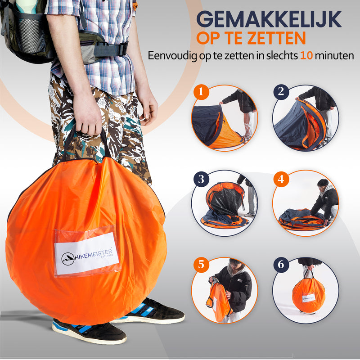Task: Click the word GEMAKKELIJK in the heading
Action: [269, 19]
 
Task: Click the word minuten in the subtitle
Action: [334, 55]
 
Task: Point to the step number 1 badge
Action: [201, 92]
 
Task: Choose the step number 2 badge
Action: [281, 92]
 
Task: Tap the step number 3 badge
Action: [201, 179]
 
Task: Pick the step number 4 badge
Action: [281, 179]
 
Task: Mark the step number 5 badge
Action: [201, 265]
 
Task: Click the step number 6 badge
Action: [281, 265]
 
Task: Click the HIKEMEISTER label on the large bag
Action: [86, 254]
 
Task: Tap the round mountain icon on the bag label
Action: [68, 259]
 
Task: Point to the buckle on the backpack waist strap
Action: [123, 49]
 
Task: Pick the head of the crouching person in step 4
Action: [323, 184]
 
